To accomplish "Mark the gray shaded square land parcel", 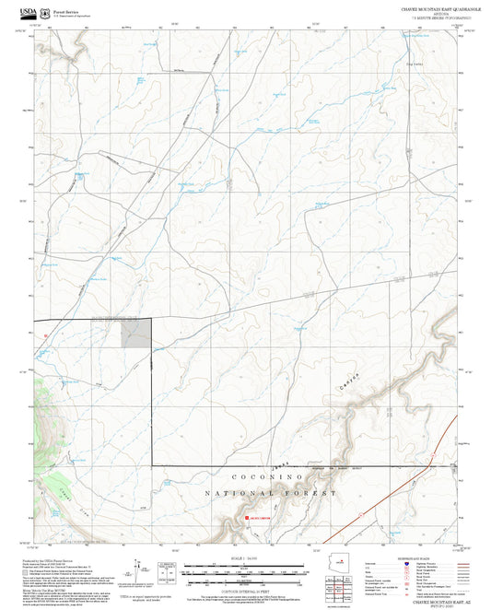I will (x=136, y=334).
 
